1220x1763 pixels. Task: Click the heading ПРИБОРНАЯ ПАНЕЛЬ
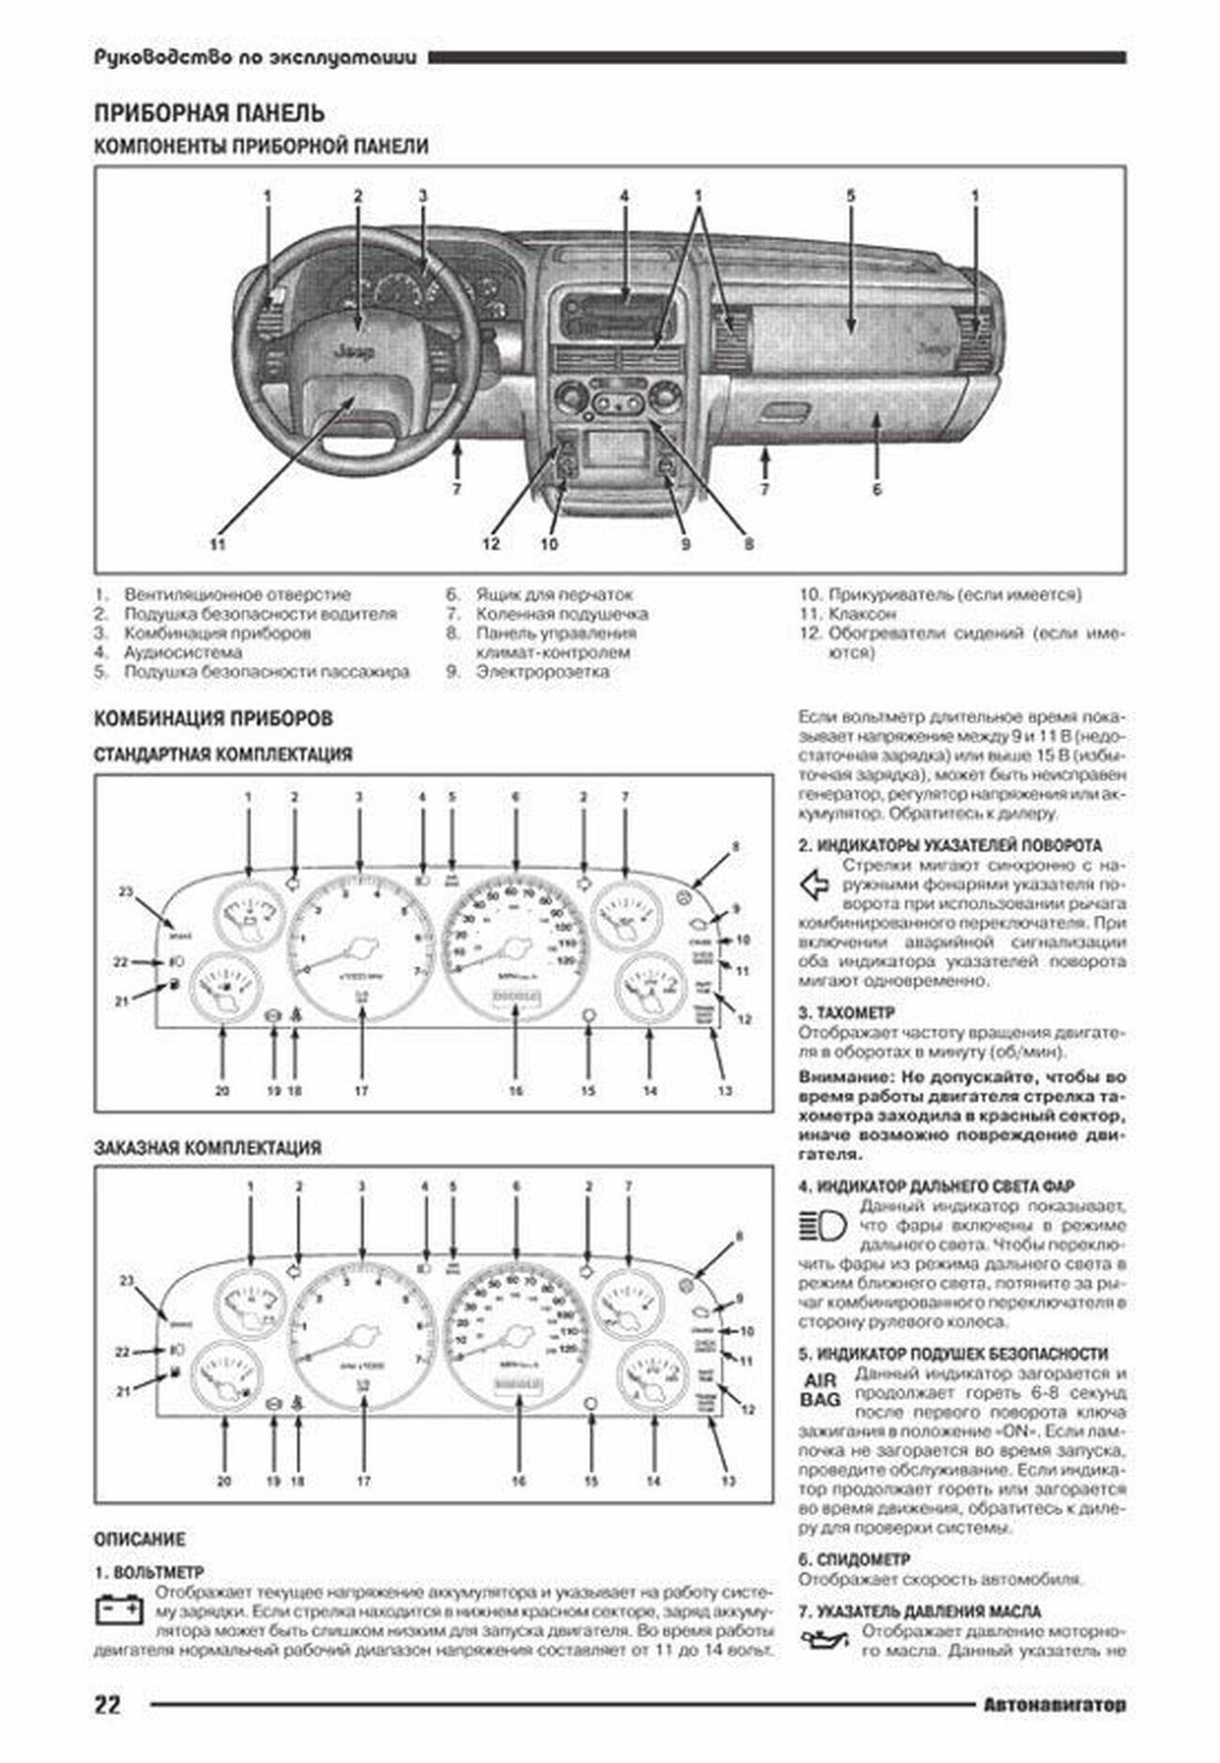click(x=209, y=114)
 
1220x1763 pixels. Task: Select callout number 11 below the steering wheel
click(x=218, y=543)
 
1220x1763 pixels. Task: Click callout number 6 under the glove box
click(x=877, y=489)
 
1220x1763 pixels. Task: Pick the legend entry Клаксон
click(x=862, y=614)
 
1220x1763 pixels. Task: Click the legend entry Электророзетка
click(x=542, y=672)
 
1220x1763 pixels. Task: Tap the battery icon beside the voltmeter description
click(x=120, y=1612)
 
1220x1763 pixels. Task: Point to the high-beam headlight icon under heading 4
click(x=822, y=1225)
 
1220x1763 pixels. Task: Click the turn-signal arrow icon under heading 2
click(x=817, y=884)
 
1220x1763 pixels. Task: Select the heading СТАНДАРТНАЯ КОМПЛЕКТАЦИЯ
click(x=223, y=754)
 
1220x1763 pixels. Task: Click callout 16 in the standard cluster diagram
click(x=515, y=1091)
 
